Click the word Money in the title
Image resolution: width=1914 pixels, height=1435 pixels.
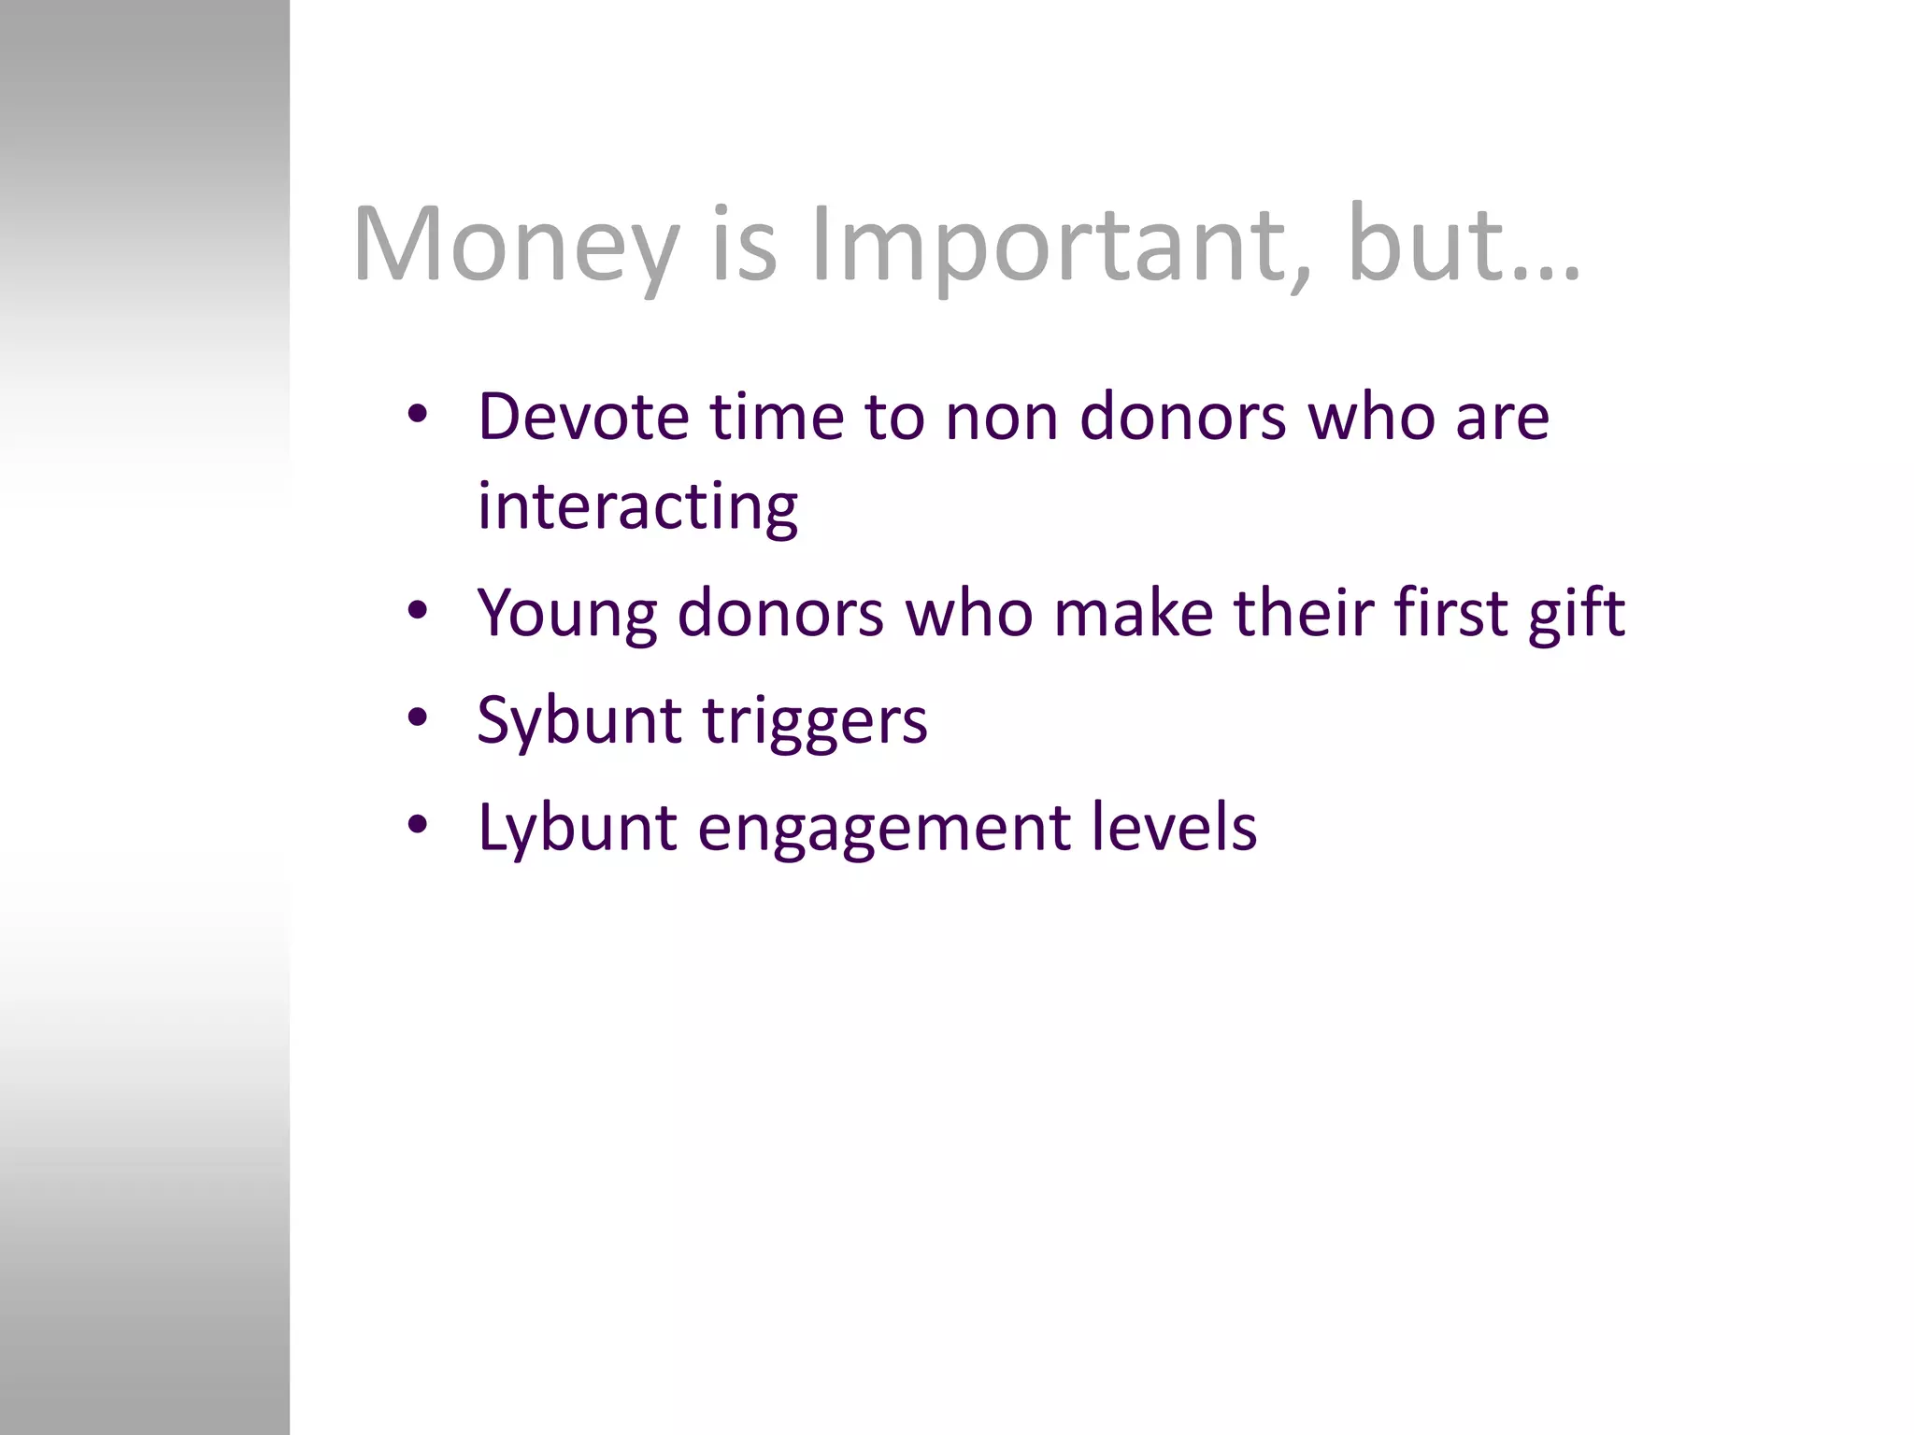pyautogui.click(x=515, y=245)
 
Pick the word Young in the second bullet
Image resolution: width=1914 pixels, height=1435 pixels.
pyautogui.click(x=566, y=614)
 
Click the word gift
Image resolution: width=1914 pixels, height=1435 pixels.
pyautogui.click(x=1577, y=614)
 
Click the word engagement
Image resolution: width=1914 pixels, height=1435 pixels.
pyautogui.click(x=883, y=828)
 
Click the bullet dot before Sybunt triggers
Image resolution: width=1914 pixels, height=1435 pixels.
pyautogui.click(x=418, y=718)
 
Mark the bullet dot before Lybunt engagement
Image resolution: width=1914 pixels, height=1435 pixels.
pyautogui.click(x=418, y=825)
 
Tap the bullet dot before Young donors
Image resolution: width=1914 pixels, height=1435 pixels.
pyautogui.click(x=418, y=611)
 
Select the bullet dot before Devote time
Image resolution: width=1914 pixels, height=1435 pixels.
pyautogui.click(x=418, y=414)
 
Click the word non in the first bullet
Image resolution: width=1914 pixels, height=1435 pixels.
pyautogui.click(x=1001, y=418)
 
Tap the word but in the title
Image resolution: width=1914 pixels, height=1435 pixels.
pyautogui.click(x=1421, y=245)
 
